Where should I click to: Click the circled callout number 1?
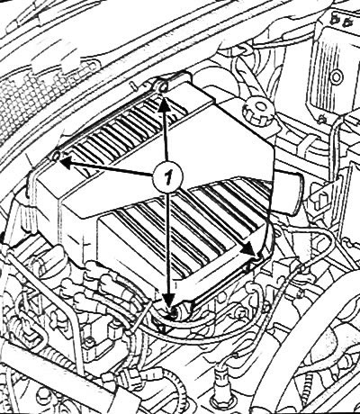167,178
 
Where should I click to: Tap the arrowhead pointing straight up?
163,104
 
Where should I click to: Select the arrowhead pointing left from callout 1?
67,161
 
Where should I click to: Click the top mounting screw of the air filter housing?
162,87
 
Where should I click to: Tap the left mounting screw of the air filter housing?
56,156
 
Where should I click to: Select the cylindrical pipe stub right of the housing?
290,192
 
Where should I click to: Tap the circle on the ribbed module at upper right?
337,76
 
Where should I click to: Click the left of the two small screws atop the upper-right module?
334,21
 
